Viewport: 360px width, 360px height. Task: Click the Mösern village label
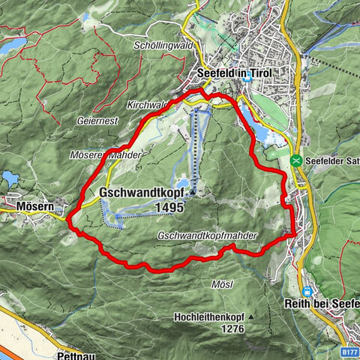click(31, 203)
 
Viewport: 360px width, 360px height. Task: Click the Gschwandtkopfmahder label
click(208, 236)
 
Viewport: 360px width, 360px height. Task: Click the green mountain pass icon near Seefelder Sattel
click(297, 160)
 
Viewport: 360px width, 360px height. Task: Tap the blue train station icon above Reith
click(307, 290)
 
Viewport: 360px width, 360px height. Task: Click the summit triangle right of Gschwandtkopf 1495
click(193, 193)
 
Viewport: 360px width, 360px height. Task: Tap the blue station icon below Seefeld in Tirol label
click(247, 76)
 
